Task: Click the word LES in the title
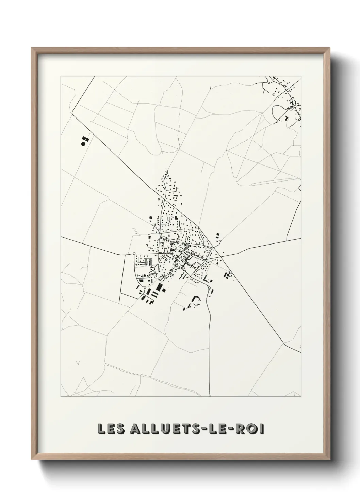[x=110, y=429]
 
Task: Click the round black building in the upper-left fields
[x=83, y=144]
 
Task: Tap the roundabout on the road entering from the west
[x=134, y=254]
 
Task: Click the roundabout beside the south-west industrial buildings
[x=145, y=288]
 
